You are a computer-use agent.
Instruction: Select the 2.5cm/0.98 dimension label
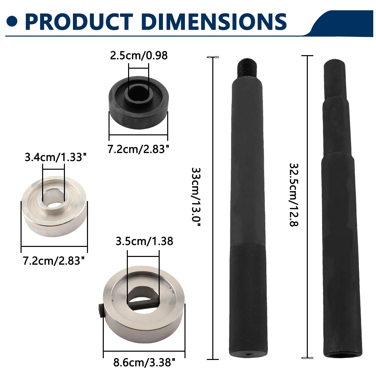point(139,55)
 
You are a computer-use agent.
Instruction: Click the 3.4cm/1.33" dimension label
point(54,157)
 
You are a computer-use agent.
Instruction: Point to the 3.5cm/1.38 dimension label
point(144,241)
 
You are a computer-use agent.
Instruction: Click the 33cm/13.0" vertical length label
point(196,197)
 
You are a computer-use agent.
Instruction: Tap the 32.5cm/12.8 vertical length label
point(294,195)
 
